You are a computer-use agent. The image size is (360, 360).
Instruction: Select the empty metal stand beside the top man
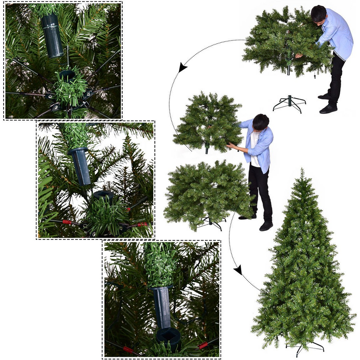(x=289, y=103)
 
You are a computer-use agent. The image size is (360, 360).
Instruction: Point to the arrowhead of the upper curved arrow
(x=182, y=68)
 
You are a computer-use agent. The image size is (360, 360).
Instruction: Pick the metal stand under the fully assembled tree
(x=305, y=346)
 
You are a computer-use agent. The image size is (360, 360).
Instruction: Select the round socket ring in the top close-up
(x=67, y=75)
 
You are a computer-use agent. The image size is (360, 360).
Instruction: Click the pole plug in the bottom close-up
(x=162, y=306)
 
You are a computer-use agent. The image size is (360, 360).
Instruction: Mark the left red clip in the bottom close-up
(x=129, y=349)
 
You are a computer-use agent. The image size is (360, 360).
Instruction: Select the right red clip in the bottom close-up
(x=203, y=346)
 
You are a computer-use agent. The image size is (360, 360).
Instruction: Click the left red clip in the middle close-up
(x=67, y=222)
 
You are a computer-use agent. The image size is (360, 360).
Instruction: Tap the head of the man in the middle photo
(x=261, y=122)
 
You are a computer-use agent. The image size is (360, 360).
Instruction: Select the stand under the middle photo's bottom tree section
(x=211, y=223)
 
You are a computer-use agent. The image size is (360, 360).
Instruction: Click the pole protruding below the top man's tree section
(x=288, y=71)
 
